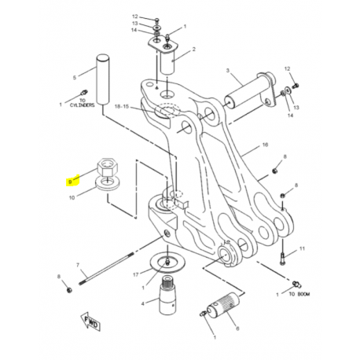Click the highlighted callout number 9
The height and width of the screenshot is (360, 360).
coord(70,182)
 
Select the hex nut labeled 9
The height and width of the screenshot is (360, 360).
coord(107,167)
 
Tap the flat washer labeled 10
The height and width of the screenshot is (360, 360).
coord(108,182)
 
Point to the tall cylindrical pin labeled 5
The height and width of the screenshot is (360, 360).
coord(103,79)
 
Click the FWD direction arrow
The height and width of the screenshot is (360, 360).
coord(90,321)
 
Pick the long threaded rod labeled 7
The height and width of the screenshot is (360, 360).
coord(106,268)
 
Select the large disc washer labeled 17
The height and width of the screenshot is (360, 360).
coord(167,263)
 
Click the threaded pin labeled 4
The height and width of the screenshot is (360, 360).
coord(167,296)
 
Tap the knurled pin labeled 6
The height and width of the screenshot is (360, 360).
coord(223,305)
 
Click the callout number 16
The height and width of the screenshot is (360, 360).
coord(265,145)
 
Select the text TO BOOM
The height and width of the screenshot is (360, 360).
coord(299,294)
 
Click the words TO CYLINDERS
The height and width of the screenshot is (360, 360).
coord(82,103)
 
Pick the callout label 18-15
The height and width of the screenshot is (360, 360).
coord(122,107)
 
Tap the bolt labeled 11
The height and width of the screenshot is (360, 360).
coord(282,255)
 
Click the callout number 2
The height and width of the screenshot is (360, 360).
coord(193,49)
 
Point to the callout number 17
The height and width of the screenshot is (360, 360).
coord(135,275)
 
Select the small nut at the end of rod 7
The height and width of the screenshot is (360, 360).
coord(69,290)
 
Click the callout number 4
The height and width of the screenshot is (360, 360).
coord(142,304)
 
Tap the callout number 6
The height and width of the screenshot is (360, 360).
coord(237,329)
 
